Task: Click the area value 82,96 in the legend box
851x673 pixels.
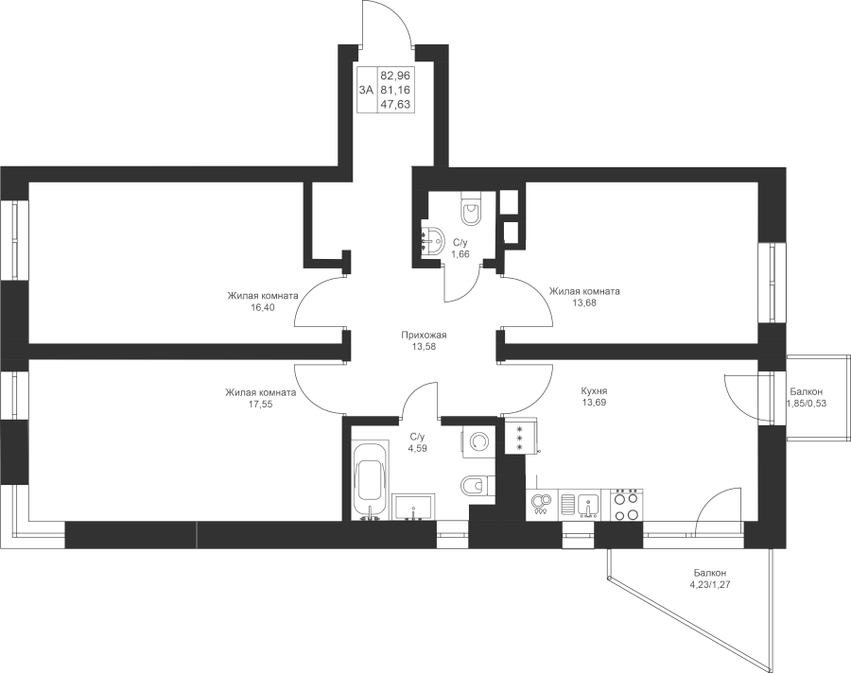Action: coord(394,75)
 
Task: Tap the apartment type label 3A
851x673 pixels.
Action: coord(366,90)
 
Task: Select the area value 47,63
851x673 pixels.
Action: coord(394,104)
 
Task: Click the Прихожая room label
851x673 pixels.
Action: coord(424,335)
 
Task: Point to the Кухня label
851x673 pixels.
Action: coord(594,390)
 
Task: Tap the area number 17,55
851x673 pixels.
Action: coord(261,404)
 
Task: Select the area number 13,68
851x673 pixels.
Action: coord(584,302)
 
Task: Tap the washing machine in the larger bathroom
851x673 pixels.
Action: coord(478,441)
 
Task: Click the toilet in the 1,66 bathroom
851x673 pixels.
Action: coord(470,208)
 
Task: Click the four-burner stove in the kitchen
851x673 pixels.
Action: coord(627,506)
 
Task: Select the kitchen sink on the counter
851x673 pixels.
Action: coord(588,506)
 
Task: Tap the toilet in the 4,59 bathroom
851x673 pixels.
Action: coord(478,484)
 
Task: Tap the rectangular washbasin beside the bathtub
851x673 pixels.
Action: coord(413,507)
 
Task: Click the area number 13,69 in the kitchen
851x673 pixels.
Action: coord(593,403)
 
